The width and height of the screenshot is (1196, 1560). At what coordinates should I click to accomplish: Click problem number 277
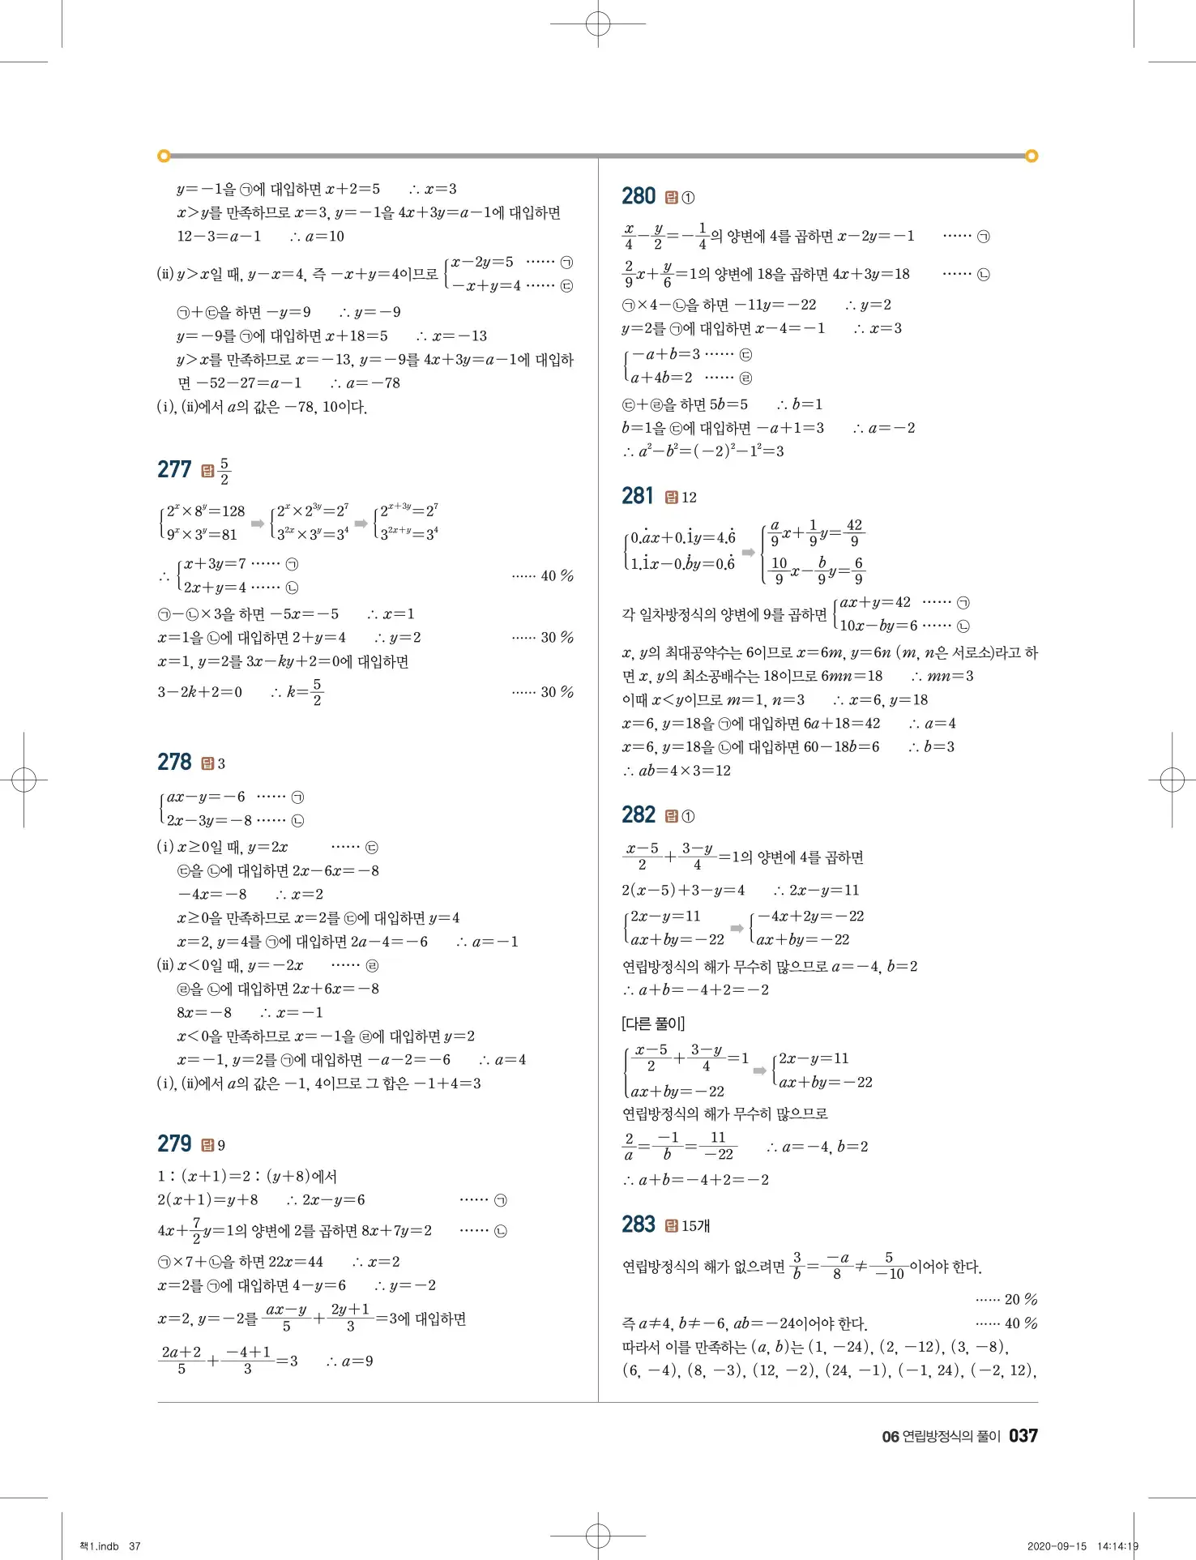(x=174, y=469)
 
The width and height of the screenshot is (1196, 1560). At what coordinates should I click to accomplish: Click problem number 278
(x=174, y=762)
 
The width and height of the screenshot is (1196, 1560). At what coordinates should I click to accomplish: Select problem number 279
(x=174, y=1143)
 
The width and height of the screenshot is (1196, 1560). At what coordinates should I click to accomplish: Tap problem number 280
(x=639, y=196)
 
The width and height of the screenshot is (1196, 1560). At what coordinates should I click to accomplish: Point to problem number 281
(x=638, y=496)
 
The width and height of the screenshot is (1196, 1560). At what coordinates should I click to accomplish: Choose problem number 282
(x=639, y=814)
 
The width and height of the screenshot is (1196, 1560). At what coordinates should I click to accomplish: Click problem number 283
(x=639, y=1224)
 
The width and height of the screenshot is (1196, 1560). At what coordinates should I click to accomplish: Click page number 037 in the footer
(x=1023, y=1436)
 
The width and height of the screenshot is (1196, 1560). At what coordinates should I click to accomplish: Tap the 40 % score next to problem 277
(x=557, y=575)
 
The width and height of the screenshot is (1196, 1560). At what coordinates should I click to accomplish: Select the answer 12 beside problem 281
(x=689, y=498)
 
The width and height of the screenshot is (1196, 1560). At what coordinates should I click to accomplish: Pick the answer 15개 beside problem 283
(x=695, y=1225)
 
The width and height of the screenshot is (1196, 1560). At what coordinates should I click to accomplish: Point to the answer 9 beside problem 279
(x=221, y=1146)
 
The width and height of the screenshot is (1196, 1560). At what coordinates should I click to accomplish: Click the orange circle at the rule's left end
(x=164, y=156)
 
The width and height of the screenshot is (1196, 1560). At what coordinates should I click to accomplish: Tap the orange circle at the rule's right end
(x=1032, y=156)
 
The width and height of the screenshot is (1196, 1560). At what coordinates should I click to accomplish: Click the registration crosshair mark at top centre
(x=598, y=24)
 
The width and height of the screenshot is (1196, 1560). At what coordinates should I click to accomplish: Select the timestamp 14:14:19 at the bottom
(x=1117, y=1546)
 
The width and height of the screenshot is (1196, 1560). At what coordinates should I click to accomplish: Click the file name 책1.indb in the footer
(x=99, y=1546)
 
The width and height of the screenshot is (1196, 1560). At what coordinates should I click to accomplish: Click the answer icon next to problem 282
(x=671, y=816)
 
